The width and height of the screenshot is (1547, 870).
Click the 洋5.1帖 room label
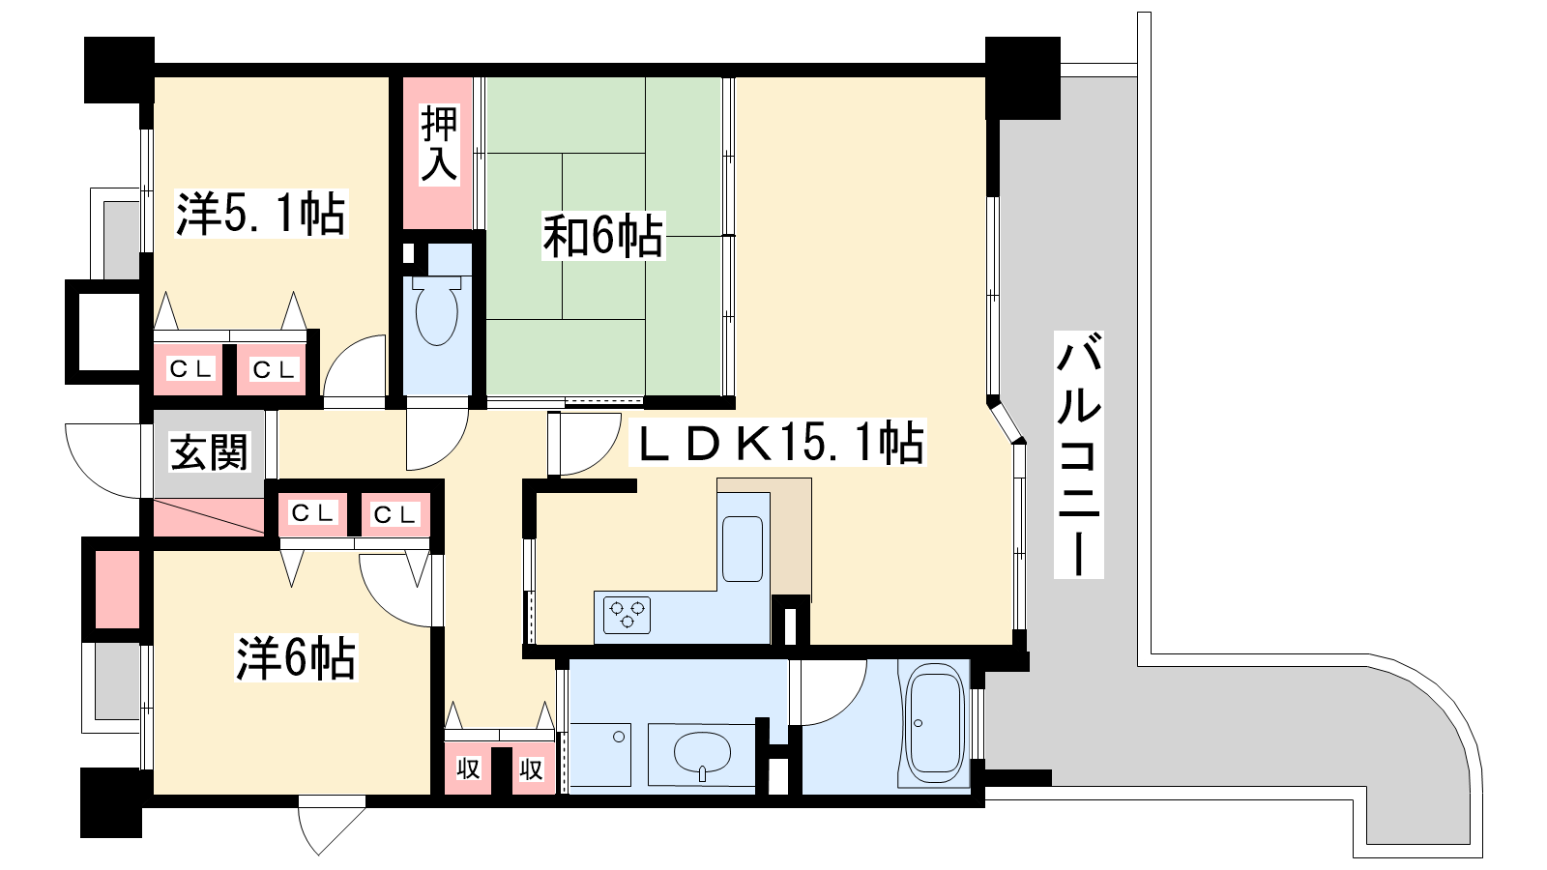(261, 214)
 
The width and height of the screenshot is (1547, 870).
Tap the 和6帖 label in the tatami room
(603, 236)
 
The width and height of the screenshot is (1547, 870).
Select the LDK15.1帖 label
(779, 443)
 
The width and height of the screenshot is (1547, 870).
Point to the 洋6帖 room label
(296, 658)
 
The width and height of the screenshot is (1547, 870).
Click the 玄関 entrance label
(209, 452)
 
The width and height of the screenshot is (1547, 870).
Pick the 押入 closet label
(439, 144)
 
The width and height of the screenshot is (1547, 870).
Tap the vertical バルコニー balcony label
(1078, 454)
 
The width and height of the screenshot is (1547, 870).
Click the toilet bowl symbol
(436, 310)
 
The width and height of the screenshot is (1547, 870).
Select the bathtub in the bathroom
(934, 722)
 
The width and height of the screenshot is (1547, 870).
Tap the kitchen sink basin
(743, 549)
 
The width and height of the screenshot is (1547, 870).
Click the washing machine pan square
(600, 755)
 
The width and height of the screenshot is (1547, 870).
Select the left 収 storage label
(468, 768)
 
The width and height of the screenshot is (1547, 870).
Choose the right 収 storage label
(531, 768)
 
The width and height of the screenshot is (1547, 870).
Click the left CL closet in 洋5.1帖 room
(190, 369)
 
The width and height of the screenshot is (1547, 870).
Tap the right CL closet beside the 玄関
(394, 513)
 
